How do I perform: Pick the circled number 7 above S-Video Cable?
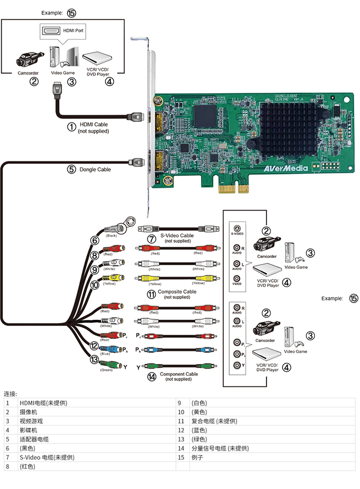click(x=152, y=239)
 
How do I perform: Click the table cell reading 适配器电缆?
click(x=34, y=439)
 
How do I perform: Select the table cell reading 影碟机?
click(x=28, y=430)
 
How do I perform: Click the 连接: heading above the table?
click(x=11, y=394)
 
